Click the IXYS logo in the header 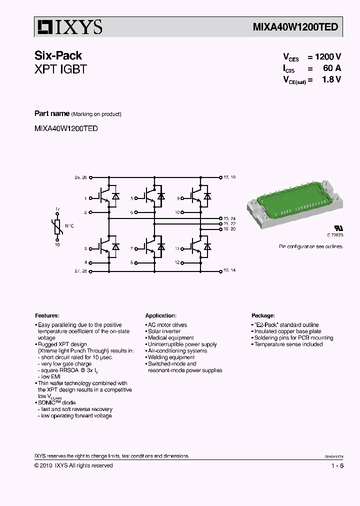[x=69, y=27]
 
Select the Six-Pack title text [x=58, y=55]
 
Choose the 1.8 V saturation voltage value [x=332, y=79]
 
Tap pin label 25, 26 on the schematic [x=80, y=177]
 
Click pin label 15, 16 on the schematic [x=229, y=177]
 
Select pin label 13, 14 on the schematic [x=229, y=270]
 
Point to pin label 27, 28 [x=80, y=270]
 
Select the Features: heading [x=47, y=316]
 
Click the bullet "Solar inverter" [x=164, y=331]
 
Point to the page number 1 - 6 [x=337, y=466]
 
